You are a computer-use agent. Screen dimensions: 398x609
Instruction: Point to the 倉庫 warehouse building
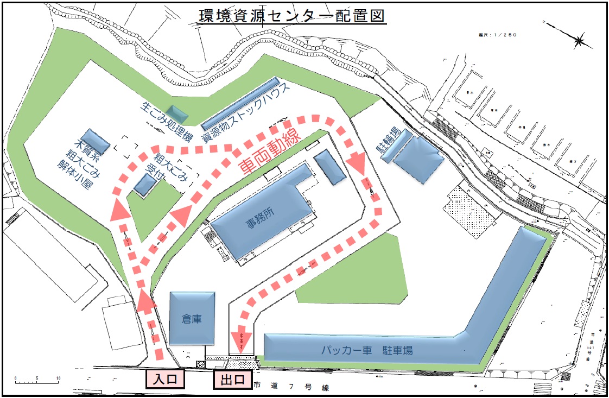pyautogui.click(x=192, y=318)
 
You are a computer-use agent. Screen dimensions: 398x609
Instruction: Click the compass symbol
pyautogui.click(x=579, y=40)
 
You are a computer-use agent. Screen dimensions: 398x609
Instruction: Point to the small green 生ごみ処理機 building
pyautogui.click(x=179, y=112)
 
